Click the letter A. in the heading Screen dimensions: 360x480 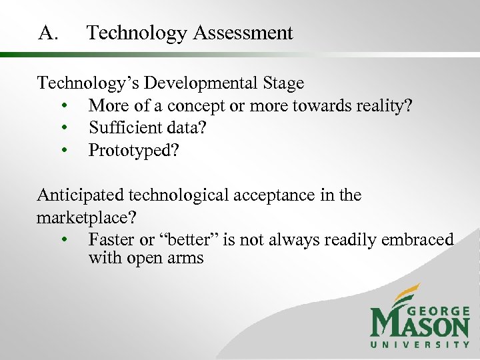click(49, 33)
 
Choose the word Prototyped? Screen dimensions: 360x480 click(134, 151)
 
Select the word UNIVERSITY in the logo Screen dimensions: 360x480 click(420, 344)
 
